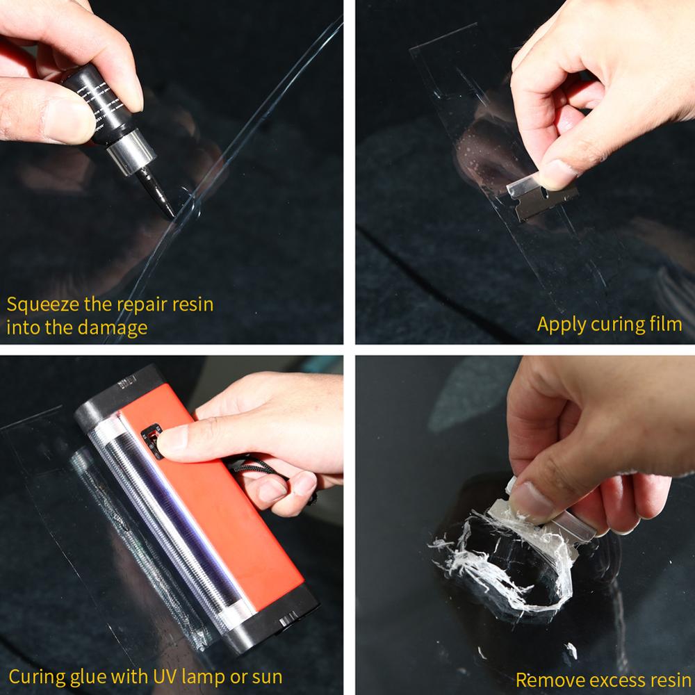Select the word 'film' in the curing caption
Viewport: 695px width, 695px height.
[664, 324]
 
